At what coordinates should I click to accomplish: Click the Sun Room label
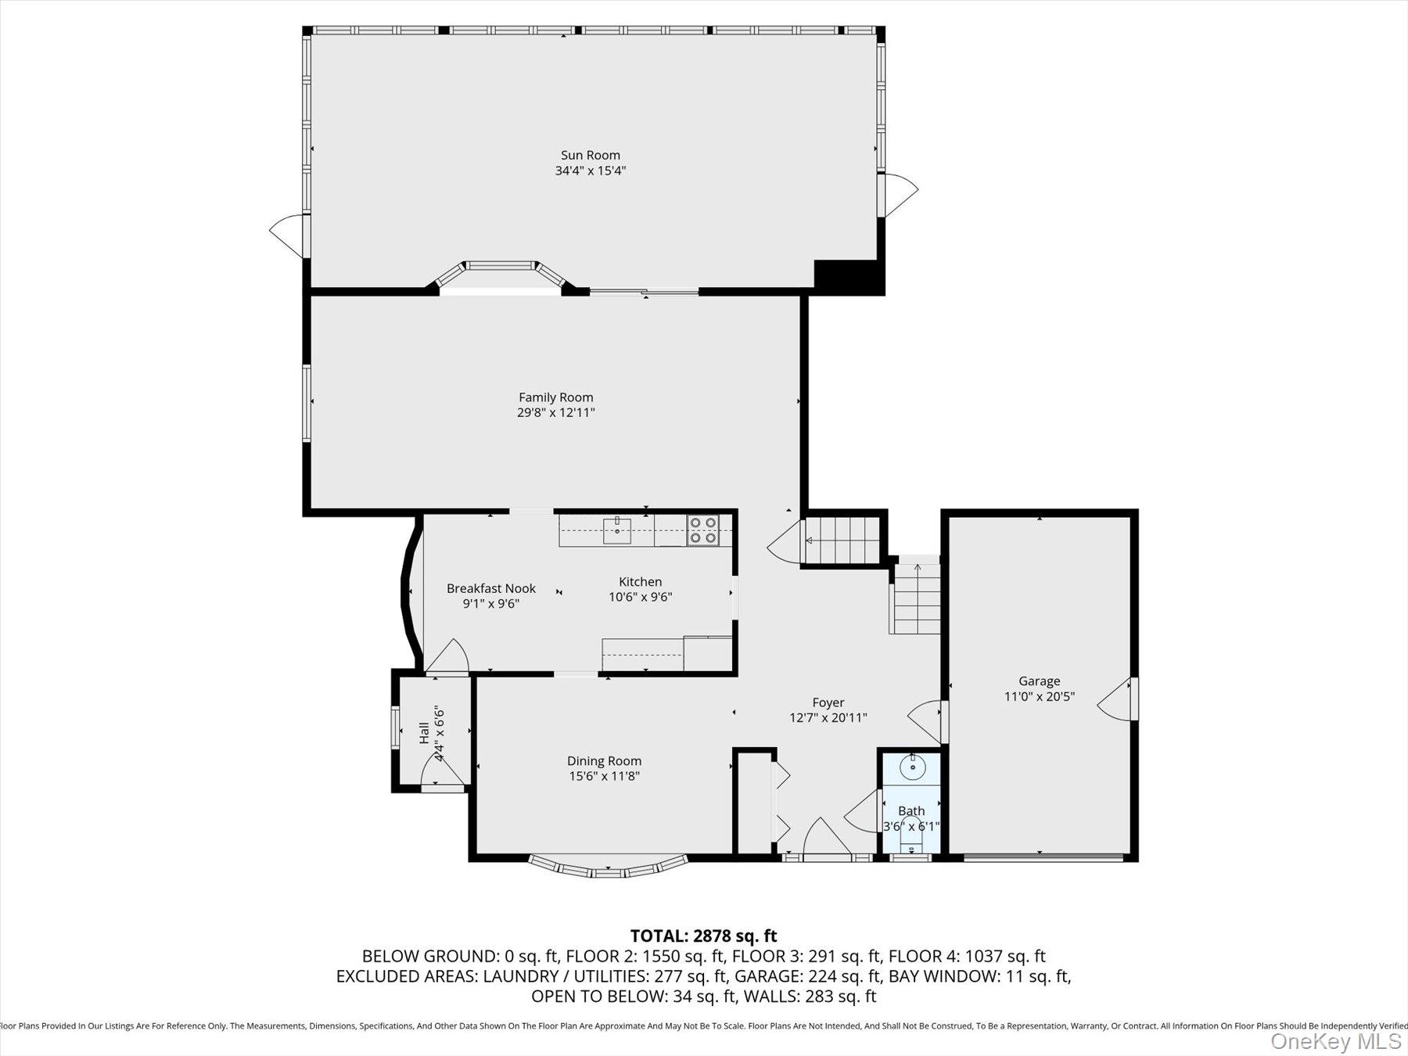point(590,155)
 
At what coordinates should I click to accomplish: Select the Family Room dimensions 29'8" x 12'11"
point(555,412)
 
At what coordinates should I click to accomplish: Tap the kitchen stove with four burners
point(703,530)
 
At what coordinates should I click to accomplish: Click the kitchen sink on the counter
point(616,530)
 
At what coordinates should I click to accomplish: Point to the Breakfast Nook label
point(491,588)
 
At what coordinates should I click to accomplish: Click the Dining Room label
point(604,760)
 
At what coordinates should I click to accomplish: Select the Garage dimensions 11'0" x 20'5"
point(1039,696)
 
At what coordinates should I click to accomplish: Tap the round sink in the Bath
point(912,767)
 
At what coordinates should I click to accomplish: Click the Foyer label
point(828,702)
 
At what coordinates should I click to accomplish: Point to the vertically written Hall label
point(424,732)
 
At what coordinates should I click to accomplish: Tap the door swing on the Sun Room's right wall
point(900,193)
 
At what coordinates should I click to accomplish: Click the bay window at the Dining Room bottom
point(608,867)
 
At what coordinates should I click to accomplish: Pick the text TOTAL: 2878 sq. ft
point(703,936)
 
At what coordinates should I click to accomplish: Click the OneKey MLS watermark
point(1336,1041)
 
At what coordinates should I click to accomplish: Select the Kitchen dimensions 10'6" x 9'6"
point(640,597)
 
